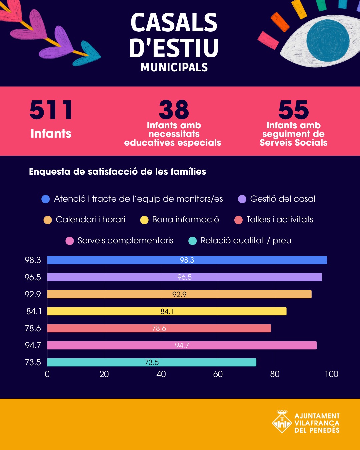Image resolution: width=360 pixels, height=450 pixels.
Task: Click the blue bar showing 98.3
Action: (x=187, y=260)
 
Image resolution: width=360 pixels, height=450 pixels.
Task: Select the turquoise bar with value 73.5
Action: (x=152, y=362)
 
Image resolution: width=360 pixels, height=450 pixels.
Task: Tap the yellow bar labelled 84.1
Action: (x=167, y=311)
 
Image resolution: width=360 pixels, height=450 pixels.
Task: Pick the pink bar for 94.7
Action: (x=182, y=345)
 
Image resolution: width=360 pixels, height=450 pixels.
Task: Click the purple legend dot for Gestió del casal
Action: (x=242, y=199)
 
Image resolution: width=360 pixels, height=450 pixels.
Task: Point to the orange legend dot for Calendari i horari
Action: (x=48, y=220)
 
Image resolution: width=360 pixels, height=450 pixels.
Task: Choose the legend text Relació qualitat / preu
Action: (x=246, y=240)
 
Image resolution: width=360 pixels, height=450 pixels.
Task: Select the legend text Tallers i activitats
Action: (x=280, y=220)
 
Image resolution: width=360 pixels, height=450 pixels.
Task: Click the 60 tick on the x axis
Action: (x=218, y=374)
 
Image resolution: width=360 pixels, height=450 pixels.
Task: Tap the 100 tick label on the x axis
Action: (x=332, y=374)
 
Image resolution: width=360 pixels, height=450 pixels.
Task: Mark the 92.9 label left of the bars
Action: (x=33, y=294)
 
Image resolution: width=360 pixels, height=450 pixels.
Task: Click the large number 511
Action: (x=51, y=110)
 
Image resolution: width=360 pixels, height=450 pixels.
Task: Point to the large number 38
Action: (x=174, y=109)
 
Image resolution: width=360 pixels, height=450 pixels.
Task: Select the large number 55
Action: (x=293, y=109)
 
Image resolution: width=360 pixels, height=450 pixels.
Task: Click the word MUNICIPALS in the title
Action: (x=174, y=68)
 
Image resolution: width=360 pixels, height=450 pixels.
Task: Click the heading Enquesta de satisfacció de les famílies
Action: (x=118, y=172)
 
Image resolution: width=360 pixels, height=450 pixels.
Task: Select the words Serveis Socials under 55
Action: (x=293, y=143)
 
